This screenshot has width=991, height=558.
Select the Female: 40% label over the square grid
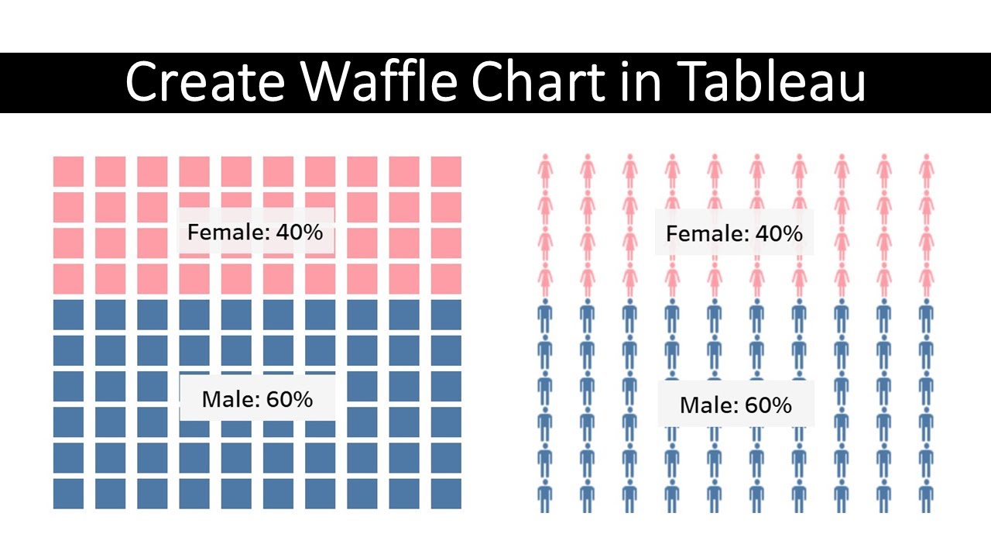[255, 232]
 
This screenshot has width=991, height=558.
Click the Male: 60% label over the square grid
[257, 399]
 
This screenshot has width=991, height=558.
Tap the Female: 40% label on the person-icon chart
[734, 233]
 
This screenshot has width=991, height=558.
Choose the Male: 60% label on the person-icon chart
[736, 405]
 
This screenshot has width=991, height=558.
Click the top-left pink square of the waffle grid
[68, 171]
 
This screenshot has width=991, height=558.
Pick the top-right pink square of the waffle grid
[446, 171]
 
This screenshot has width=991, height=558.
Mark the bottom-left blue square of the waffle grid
[68, 494]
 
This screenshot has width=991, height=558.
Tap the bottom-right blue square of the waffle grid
[446, 494]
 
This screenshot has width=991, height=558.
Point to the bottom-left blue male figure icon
[545, 496]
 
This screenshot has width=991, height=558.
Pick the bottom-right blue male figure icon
[926, 496]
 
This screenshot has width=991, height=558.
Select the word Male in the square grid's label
[229, 399]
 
